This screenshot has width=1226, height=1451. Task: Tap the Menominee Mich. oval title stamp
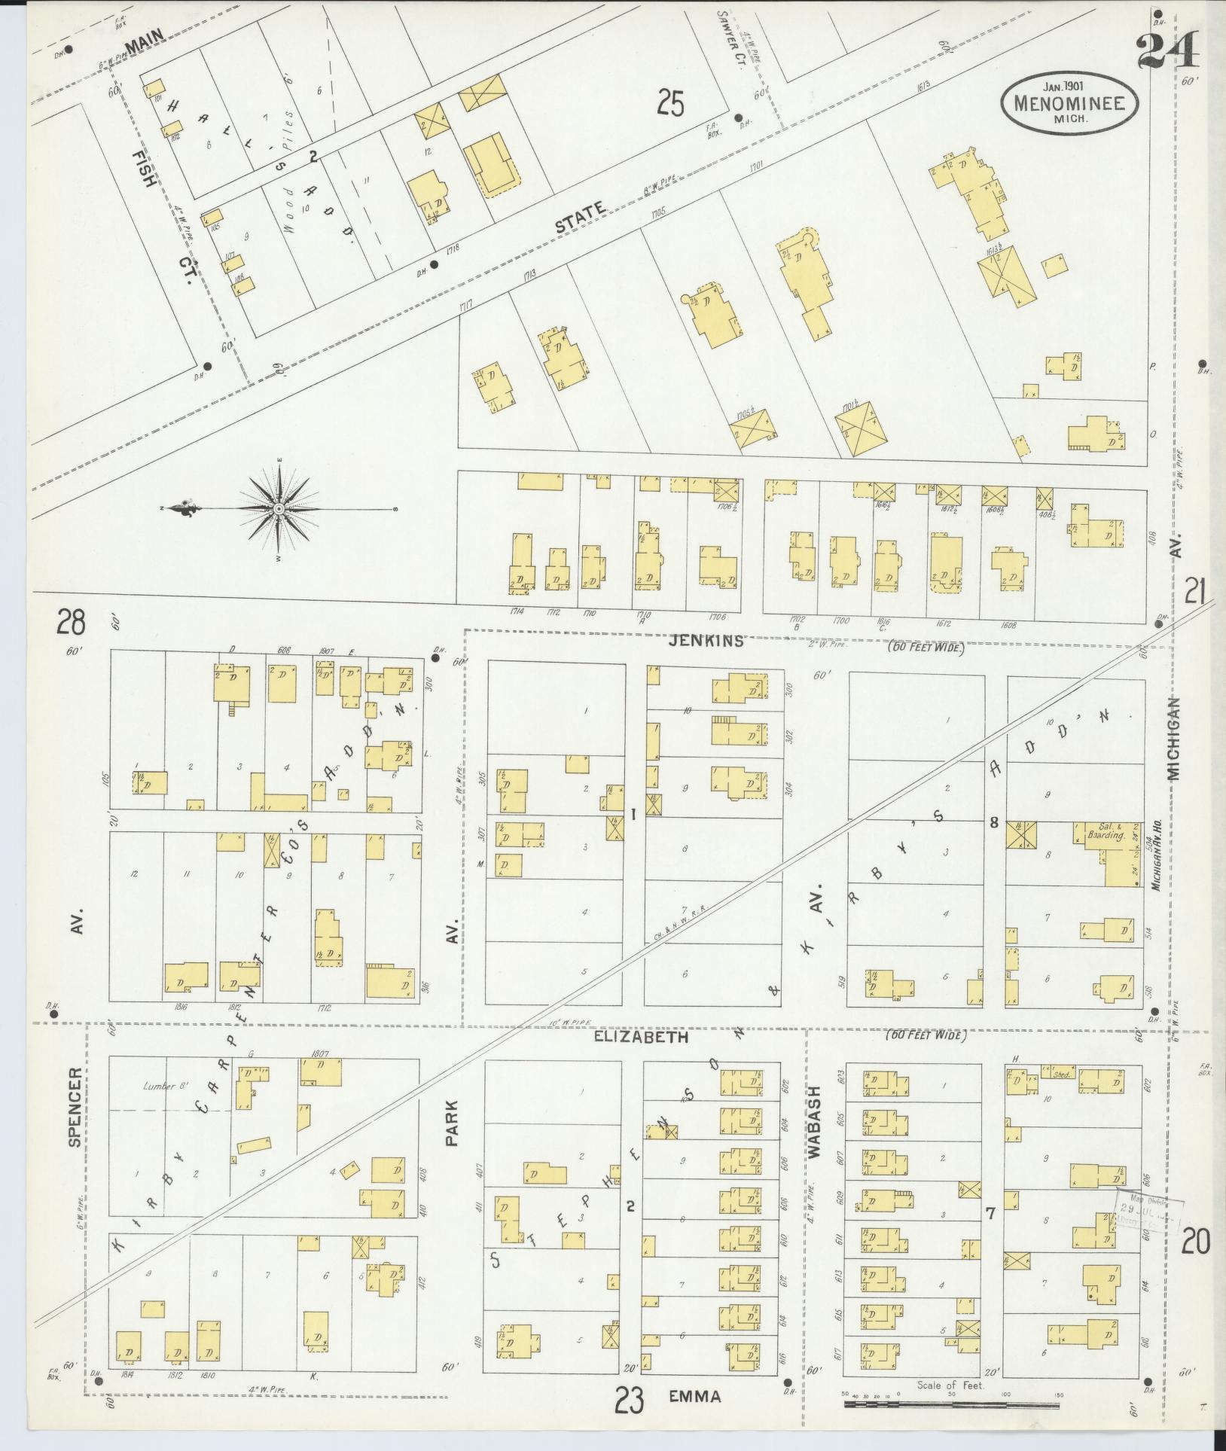click(1069, 104)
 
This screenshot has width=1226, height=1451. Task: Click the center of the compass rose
click(279, 509)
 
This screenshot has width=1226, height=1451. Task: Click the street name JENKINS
click(706, 641)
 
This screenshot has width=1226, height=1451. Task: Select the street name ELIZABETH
click(641, 1037)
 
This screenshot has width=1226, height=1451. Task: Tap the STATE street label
click(580, 216)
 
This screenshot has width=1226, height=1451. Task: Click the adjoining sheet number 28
click(70, 623)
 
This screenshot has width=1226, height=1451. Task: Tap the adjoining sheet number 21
click(1195, 590)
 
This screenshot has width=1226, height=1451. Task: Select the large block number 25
click(669, 103)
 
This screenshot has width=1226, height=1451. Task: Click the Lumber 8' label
click(165, 1087)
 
